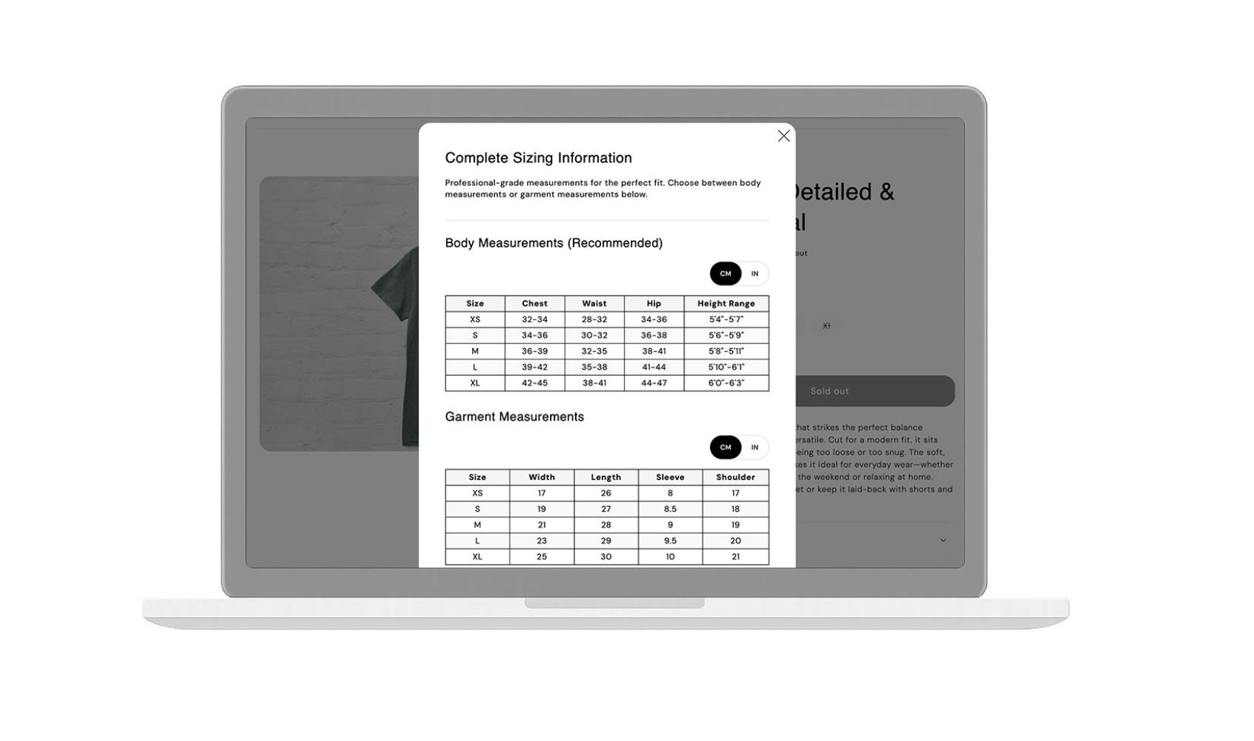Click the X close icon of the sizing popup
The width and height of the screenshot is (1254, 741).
(783, 136)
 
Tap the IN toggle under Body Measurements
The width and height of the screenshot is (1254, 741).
(754, 273)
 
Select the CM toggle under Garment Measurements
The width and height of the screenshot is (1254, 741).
(726, 447)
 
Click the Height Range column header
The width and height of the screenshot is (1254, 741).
(726, 303)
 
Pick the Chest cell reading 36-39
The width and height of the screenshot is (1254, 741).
(534, 351)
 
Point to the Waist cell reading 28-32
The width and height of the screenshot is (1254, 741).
(594, 319)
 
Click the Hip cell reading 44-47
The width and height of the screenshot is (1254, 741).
(654, 383)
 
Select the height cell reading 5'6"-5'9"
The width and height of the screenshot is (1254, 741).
(726, 335)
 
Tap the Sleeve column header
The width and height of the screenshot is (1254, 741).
(670, 477)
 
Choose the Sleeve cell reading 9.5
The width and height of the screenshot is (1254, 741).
(670, 541)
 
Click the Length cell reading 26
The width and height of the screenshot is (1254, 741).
(606, 493)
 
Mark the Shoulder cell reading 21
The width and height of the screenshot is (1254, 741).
(735, 556)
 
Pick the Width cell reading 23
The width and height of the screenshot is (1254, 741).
(542, 541)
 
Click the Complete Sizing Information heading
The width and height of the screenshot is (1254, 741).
(538, 158)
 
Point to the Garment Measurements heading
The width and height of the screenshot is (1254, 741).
(514, 416)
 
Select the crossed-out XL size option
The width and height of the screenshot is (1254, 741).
(826, 325)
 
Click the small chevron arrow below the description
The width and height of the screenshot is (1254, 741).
(943, 540)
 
